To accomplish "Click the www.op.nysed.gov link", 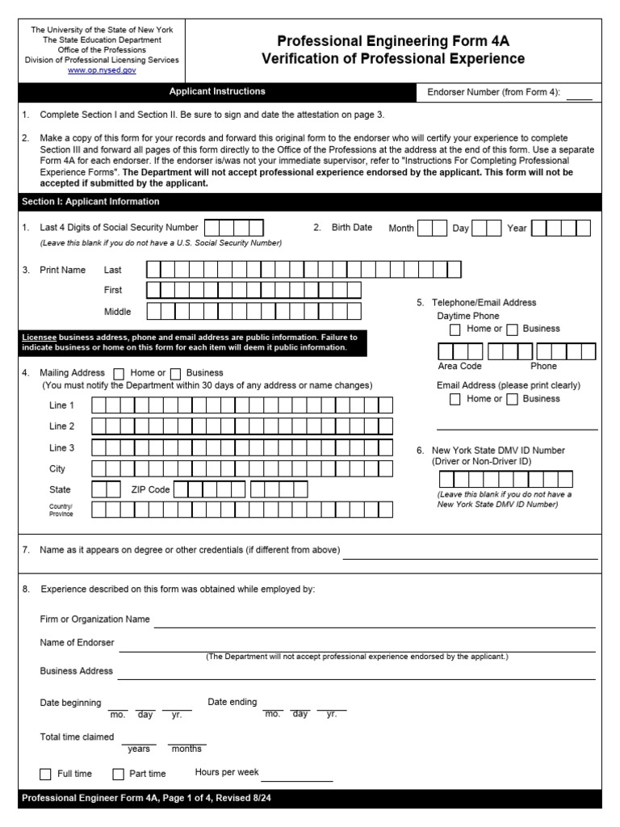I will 102,70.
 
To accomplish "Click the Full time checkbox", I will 45,774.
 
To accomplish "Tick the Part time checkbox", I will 119,774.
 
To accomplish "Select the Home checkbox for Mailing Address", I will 119,373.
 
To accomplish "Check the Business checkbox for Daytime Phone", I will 513,330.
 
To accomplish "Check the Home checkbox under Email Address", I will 455,399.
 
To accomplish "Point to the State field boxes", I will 107,489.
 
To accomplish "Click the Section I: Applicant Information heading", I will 90,202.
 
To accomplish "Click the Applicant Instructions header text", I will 217,92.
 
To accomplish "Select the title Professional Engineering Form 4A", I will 393,41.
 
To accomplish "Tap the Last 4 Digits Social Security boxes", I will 234,228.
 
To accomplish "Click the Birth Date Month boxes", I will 433,229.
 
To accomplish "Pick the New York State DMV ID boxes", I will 505,479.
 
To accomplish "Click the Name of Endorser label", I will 77,643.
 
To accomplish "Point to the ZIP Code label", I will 150,489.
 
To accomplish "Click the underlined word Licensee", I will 39,337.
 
